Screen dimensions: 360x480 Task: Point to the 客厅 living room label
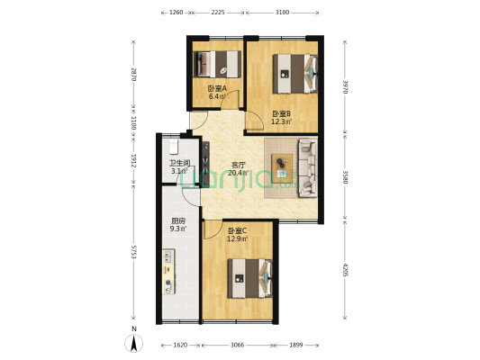pyautogui.click(x=239, y=165)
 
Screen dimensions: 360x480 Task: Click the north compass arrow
pyautogui.click(x=132, y=343)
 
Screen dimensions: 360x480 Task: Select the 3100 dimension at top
pyautogui.click(x=282, y=13)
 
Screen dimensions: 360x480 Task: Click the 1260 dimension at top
pyautogui.click(x=177, y=13)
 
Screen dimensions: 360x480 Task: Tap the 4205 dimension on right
pyautogui.click(x=345, y=271)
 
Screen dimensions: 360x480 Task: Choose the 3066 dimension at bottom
pyautogui.click(x=238, y=345)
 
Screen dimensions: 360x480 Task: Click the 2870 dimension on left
pyautogui.click(x=133, y=76)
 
